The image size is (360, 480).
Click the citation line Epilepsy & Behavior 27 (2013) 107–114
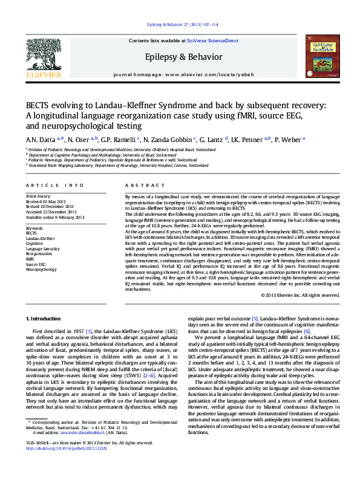click(x=180, y=25)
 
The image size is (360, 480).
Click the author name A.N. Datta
click(x=38, y=139)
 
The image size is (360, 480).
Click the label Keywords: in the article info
click(x=35, y=228)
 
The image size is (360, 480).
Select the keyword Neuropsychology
click(x=42, y=269)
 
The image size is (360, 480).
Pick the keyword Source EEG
click(x=36, y=264)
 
